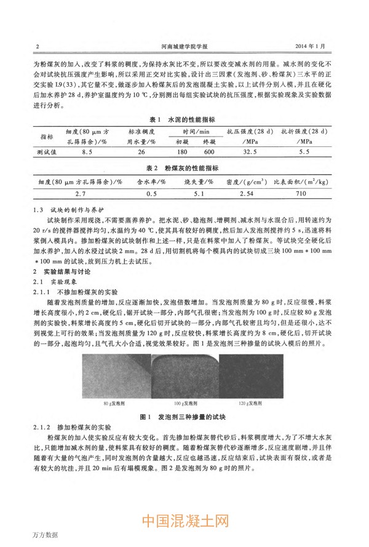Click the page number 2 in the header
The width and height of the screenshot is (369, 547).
38,46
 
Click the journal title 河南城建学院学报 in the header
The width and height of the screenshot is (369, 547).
184,46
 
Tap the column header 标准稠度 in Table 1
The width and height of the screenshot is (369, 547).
141,132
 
